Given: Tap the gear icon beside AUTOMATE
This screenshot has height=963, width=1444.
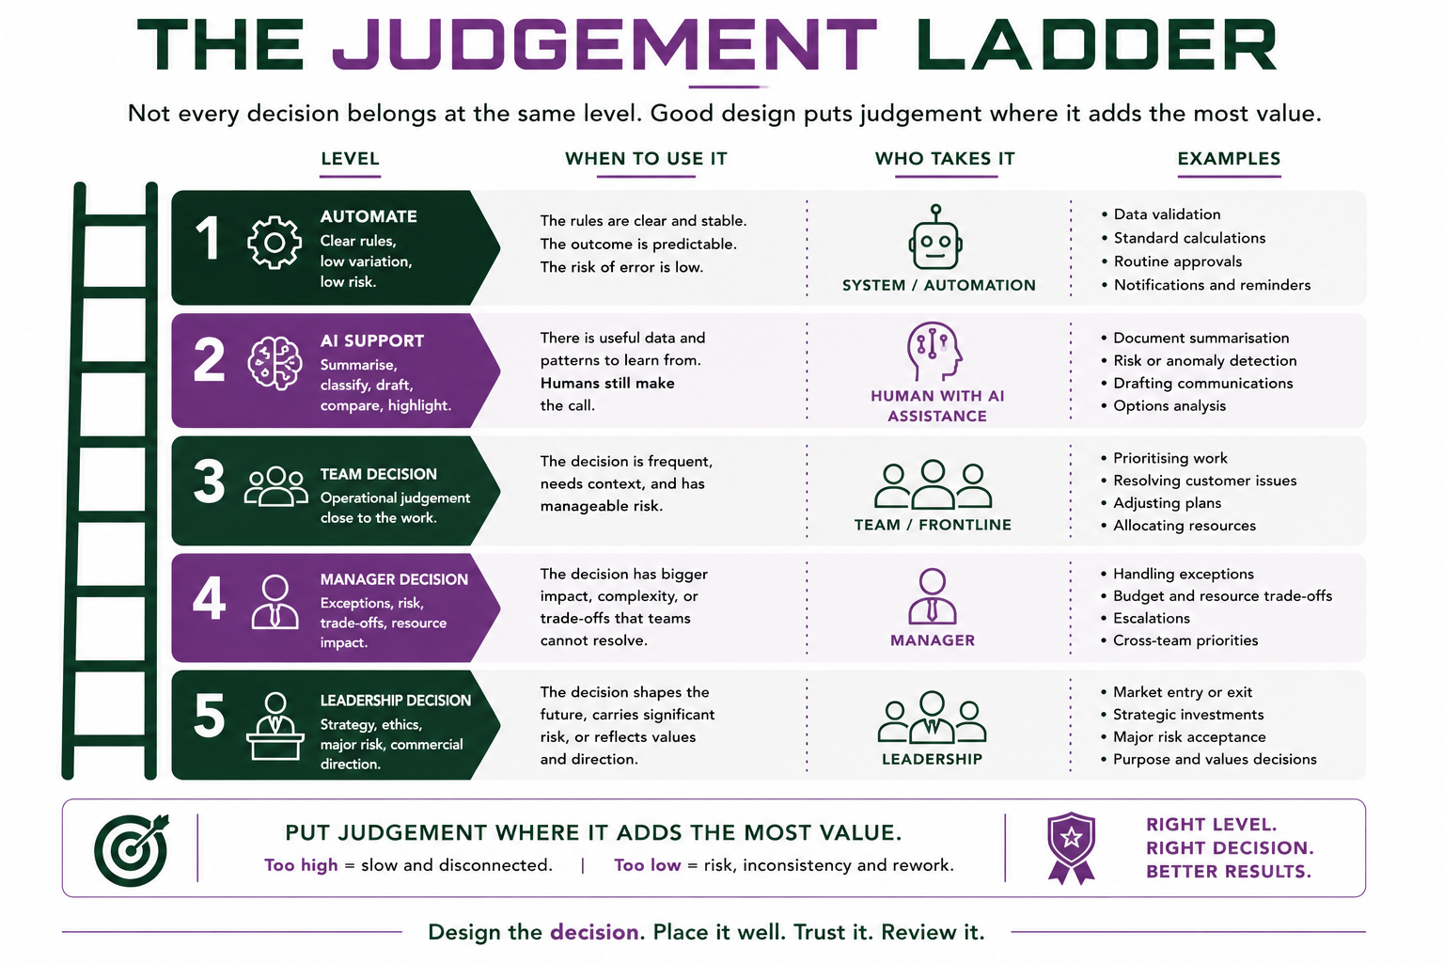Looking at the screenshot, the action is point(275,243).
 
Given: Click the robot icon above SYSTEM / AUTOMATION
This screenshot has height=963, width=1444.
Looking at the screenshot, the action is point(935,237).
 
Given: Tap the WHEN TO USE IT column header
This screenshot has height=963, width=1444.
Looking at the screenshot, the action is point(646,159).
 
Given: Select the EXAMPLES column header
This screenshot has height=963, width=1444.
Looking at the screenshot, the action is point(1229,159).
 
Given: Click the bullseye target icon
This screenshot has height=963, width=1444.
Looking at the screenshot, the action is point(132,849).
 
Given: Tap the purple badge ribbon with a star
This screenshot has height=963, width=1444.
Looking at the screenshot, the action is point(1071,847).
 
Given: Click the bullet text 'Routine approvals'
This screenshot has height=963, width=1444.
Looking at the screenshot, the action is point(1178,261).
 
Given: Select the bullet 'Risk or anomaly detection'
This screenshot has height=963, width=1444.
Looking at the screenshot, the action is point(1205,360).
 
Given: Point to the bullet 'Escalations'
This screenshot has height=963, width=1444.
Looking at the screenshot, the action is point(1152,618).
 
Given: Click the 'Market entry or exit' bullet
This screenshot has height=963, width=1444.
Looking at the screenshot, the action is point(1183,692).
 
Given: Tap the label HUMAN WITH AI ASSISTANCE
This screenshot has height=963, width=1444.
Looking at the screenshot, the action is point(937,405).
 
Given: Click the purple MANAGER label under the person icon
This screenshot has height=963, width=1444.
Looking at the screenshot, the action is point(933,640).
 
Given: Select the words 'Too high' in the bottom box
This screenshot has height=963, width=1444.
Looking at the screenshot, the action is point(301,865).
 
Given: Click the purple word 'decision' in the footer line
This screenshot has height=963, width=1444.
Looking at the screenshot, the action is point(594,932).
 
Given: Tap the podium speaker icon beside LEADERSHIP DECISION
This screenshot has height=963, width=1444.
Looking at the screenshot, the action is point(275,726).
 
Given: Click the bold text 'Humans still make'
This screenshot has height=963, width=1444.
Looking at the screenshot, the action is point(607,383).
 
